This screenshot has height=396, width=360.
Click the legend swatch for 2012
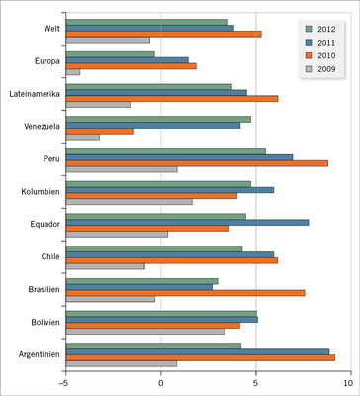pyautogui.click(x=308, y=29)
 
